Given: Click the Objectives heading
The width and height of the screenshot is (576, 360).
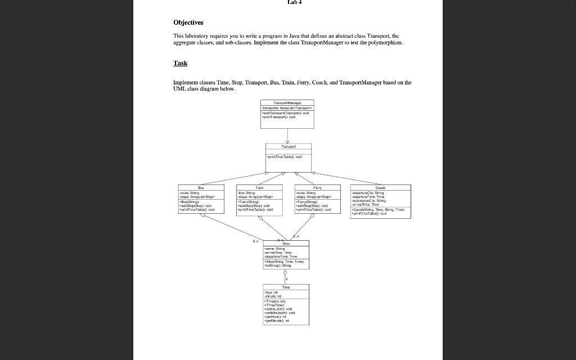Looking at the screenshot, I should tap(188, 22).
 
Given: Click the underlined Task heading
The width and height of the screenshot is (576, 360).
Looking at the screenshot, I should tap(180, 63).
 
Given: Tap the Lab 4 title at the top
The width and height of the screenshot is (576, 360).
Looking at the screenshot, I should tap(294, 2).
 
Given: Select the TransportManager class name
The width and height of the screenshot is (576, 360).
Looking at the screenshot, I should tap(287, 103).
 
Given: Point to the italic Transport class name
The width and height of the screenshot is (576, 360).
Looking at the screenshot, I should tap(287, 146).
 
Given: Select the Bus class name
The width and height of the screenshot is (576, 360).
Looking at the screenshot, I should tap(201, 188).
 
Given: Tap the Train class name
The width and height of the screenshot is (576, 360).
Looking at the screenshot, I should tap(259, 188).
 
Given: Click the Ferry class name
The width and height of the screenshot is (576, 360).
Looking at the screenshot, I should tap(317, 188).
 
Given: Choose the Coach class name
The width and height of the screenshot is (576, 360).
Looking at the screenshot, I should tap(380, 188).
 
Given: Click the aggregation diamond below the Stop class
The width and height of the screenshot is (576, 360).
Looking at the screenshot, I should tap(287, 273).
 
